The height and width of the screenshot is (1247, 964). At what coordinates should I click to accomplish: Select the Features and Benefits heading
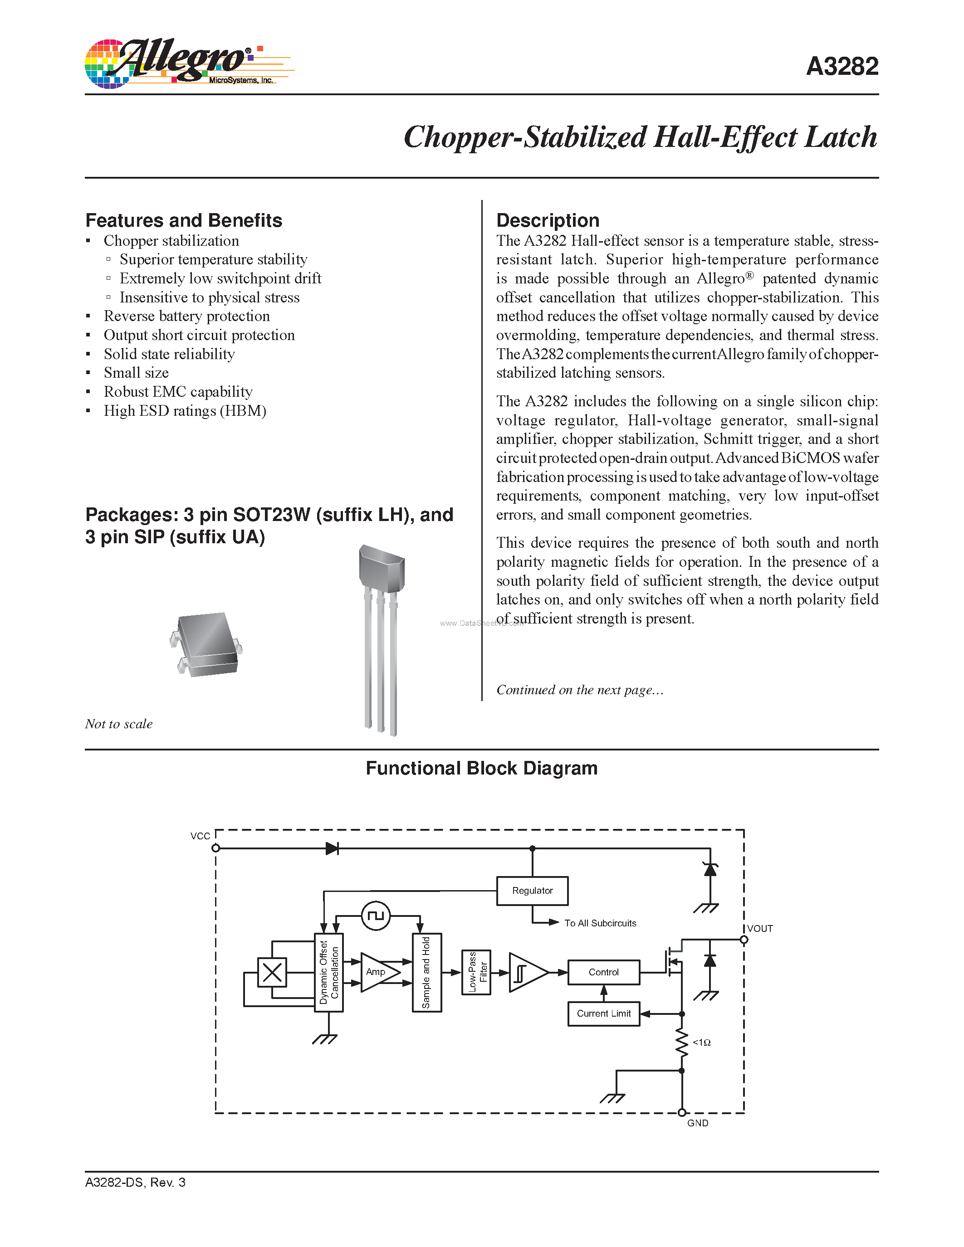(183, 220)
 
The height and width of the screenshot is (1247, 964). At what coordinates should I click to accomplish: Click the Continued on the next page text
(579, 690)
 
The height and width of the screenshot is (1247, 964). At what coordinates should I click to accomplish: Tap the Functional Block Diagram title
(481, 768)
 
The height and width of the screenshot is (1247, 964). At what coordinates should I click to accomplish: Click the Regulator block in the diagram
(532, 891)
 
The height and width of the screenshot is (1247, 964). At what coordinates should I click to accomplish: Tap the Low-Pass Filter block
(476, 972)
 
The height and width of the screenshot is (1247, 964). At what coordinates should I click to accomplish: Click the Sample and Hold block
(426, 972)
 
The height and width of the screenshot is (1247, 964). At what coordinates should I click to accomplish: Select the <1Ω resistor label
(701, 1042)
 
